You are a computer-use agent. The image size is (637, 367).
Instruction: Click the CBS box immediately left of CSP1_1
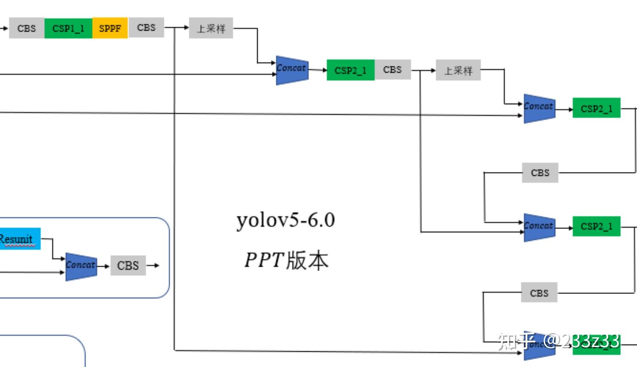(x=26, y=28)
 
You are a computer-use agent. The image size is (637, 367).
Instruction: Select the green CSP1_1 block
(x=68, y=28)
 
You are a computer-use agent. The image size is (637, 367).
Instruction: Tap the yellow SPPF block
(x=110, y=28)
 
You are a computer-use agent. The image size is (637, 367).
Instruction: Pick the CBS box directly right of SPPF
(x=146, y=28)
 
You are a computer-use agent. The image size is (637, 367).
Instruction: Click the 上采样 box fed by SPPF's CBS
(x=211, y=28)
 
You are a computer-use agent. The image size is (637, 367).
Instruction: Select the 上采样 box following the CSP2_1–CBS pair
(x=458, y=70)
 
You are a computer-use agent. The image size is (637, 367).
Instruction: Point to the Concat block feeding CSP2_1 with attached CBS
(x=292, y=70)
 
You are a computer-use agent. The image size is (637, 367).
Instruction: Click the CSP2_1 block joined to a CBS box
(x=350, y=70)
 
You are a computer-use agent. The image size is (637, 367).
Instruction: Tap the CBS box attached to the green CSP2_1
(x=392, y=70)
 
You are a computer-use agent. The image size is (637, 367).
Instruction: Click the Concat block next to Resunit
(x=81, y=266)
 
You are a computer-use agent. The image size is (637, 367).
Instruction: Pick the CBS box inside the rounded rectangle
(x=128, y=265)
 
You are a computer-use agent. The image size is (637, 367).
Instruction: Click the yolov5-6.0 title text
(x=285, y=220)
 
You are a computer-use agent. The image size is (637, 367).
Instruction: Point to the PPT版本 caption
(x=286, y=260)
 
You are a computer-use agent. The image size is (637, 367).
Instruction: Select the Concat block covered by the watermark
(x=538, y=345)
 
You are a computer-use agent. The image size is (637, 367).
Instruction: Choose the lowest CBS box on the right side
(x=539, y=293)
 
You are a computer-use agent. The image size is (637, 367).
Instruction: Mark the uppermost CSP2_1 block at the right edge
(x=596, y=108)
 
